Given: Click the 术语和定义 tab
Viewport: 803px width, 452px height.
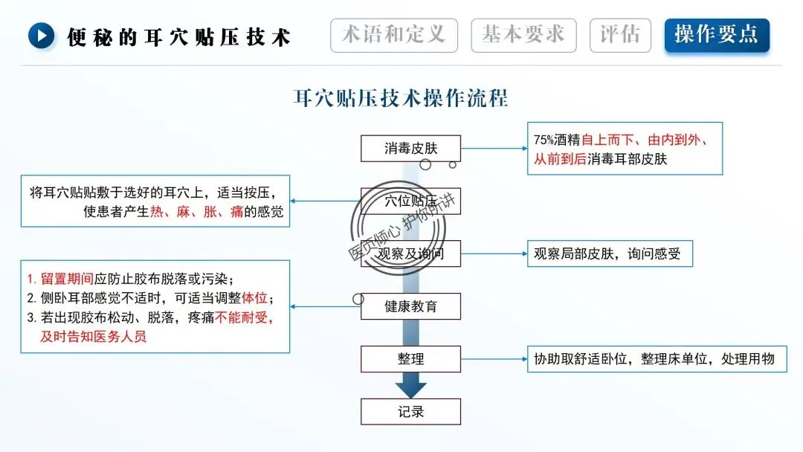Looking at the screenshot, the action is [393, 35].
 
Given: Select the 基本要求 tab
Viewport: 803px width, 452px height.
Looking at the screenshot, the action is [523, 35].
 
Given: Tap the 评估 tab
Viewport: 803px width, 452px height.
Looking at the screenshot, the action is [620, 35].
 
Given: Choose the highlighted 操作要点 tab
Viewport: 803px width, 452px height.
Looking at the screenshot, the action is [717, 35].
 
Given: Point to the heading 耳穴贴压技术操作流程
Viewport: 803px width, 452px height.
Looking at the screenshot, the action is [401, 97].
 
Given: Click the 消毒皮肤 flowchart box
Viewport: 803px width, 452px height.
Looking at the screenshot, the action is [410, 148].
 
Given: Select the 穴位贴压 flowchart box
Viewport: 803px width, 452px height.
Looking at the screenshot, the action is [410, 201].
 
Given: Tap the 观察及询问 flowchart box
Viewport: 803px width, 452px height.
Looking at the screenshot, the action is [410, 254].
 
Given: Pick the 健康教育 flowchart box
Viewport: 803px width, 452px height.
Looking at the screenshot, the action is [410, 306].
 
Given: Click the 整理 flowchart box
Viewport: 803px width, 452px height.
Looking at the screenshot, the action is [410, 359].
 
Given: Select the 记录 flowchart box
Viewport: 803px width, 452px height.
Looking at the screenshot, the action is [410, 412].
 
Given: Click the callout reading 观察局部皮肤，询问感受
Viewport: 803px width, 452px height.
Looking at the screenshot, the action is [609, 254].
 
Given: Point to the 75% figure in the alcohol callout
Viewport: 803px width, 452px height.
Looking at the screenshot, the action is [544, 140].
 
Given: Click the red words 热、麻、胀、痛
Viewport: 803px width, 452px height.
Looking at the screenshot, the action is [197, 212].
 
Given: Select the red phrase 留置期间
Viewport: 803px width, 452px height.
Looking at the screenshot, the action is [67, 280].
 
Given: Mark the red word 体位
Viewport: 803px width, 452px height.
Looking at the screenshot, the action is [254, 299].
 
